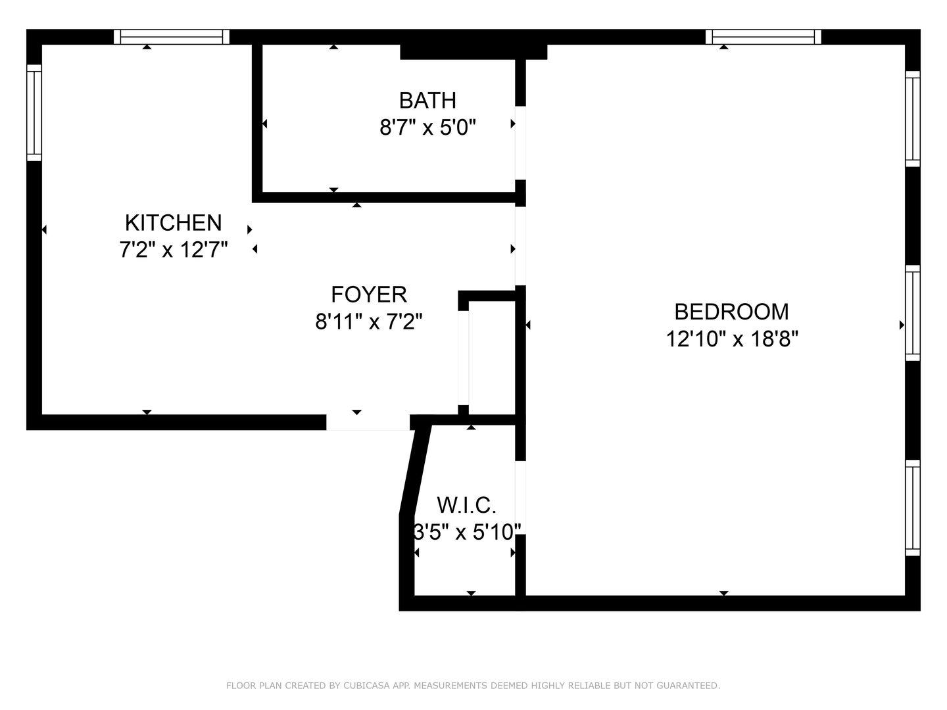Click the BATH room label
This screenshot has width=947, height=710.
click(x=427, y=101)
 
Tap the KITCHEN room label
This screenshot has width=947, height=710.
click(x=174, y=223)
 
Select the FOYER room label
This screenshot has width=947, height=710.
click(x=369, y=295)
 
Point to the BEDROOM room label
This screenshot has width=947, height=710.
click(x=732, y=312)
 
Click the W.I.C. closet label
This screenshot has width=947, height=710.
click(x=466, y=506)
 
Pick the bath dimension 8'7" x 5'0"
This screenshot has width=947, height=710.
click(x=427, y=128)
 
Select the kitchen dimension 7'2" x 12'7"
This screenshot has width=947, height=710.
click(x=174, y=250)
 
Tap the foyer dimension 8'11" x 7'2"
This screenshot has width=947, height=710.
click(x=369, y=321)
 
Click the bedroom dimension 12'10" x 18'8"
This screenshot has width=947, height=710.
click(x=732, y=339)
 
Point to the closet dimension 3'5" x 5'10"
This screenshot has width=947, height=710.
click(x=467, y=532)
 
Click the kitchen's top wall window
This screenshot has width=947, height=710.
click(x=171, y=37)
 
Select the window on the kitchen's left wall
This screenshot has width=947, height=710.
click(x=34, y=113)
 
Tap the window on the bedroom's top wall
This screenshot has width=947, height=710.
click(x=764, y=37)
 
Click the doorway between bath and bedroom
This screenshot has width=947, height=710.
click(x=521, y=143)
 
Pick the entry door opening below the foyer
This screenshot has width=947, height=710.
click(x=368, y=423)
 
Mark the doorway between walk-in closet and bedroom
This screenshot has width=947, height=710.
click(x=521, y=498)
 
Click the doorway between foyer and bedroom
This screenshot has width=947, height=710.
click(x=521, y=246)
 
